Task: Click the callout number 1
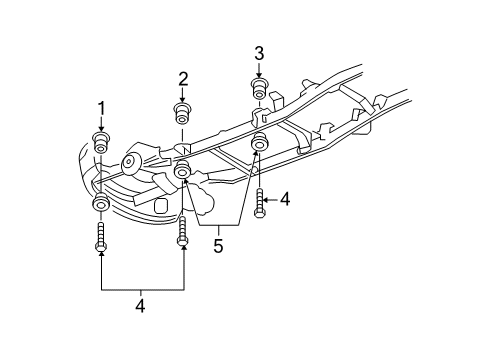[100, 108]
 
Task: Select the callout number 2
[183, 78]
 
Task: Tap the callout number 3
[258, 53]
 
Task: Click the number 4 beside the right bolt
[285, 200]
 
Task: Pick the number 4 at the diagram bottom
[140, 307]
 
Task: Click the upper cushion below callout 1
[100, 141]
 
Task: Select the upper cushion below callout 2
[183, 111]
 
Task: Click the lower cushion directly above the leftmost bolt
[100, 206]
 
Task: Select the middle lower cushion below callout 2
[182, 173]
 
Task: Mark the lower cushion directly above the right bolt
[258, 143]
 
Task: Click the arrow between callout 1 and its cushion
[100, 123]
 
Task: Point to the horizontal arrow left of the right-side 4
[270, 201]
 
